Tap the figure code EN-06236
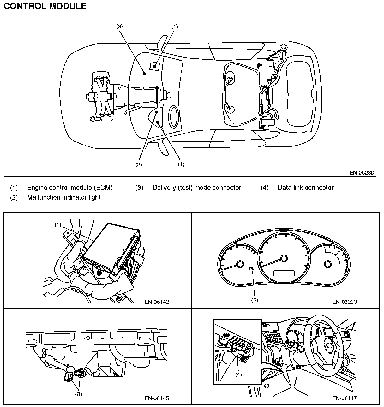(362, 172)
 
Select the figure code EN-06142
(157, 302)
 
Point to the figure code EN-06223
(344, 302)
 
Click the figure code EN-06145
(157, 398)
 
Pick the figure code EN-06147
(344, 398)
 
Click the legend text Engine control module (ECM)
(70, 188)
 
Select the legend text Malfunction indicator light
(64, 197)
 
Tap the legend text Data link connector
(305, 188)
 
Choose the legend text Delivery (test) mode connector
(197, 188)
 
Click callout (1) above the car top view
(175, 26)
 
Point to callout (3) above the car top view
(119, 26)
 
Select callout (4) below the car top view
(181, 165)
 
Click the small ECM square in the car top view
(155, 66)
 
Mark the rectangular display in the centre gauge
(284, 273)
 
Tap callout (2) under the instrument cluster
(255, 300)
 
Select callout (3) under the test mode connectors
(79, 394)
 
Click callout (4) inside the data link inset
(239, 375)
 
